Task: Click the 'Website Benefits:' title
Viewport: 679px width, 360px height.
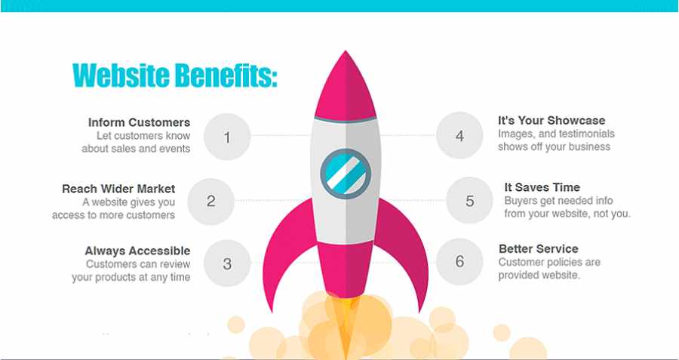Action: tap(175, 75)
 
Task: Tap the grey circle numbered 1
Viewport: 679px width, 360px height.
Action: tap(227, 137)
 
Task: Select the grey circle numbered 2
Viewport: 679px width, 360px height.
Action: tap(211, 202)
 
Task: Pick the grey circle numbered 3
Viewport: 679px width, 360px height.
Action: tap(227, 263)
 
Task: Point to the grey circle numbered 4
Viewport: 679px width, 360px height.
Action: tap(459, 136)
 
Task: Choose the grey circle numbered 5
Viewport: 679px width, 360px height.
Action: tap(470, 201)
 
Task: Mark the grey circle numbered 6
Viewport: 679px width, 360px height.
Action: tap(459, 261)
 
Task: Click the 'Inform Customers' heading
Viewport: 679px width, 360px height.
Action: tap(139, 122)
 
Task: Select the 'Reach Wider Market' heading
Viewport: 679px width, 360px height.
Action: tap(118, 189)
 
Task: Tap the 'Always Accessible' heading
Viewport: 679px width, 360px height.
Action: tap(138, 251)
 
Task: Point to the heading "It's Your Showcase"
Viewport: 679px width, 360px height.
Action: tap(551, 121)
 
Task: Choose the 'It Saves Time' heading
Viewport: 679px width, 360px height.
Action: tap(542, 188)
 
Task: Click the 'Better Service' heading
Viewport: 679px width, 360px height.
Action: tap(538, 249)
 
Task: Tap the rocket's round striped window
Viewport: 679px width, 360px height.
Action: tap(346, 174)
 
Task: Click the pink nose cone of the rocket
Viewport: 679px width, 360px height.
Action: tap(345, 86)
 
